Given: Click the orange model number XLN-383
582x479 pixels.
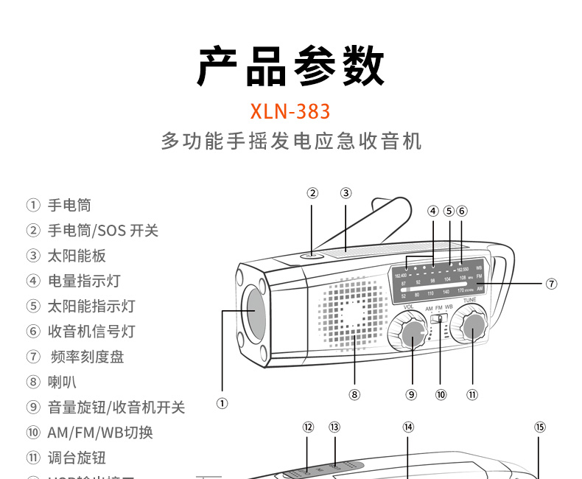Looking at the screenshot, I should [x=290, y=111].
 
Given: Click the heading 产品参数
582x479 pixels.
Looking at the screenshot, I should [x=290, y=67].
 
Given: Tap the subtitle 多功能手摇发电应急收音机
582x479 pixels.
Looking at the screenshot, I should [x=291, y=141].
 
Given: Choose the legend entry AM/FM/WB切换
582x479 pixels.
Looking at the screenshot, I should [x=100, y=433].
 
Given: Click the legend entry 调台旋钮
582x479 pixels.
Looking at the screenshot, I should [x=77, y=458].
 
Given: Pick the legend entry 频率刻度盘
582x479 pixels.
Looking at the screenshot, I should [x=87, y=357].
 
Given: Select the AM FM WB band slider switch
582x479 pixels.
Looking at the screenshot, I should [x=440, y=318].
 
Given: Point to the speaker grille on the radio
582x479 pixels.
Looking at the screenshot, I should [x=354, y=313].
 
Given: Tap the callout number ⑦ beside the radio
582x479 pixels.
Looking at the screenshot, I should [x=551, y=283].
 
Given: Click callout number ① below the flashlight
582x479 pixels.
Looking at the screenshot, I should [x=222, y=403].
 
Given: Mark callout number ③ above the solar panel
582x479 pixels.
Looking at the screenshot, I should [x=346, y=193].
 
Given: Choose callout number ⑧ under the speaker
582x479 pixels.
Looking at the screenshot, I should [x=354, y=394].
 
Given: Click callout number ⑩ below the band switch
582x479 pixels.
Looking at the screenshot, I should [x=441, y=394].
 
